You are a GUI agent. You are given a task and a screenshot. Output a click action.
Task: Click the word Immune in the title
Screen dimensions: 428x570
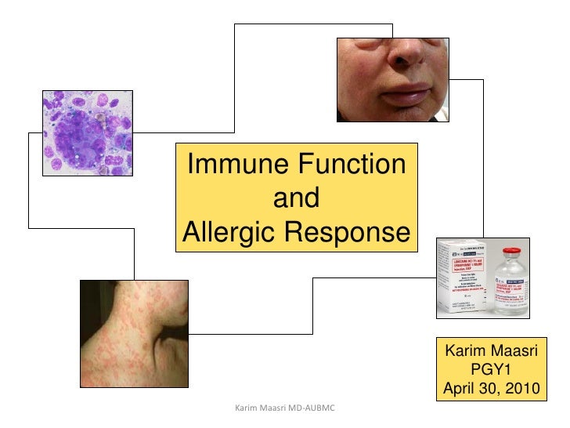pyautogui.click(x=233, y=165)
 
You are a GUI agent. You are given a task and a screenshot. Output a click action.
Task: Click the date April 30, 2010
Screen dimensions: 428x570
pyautogui.click(x=491, y=387)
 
